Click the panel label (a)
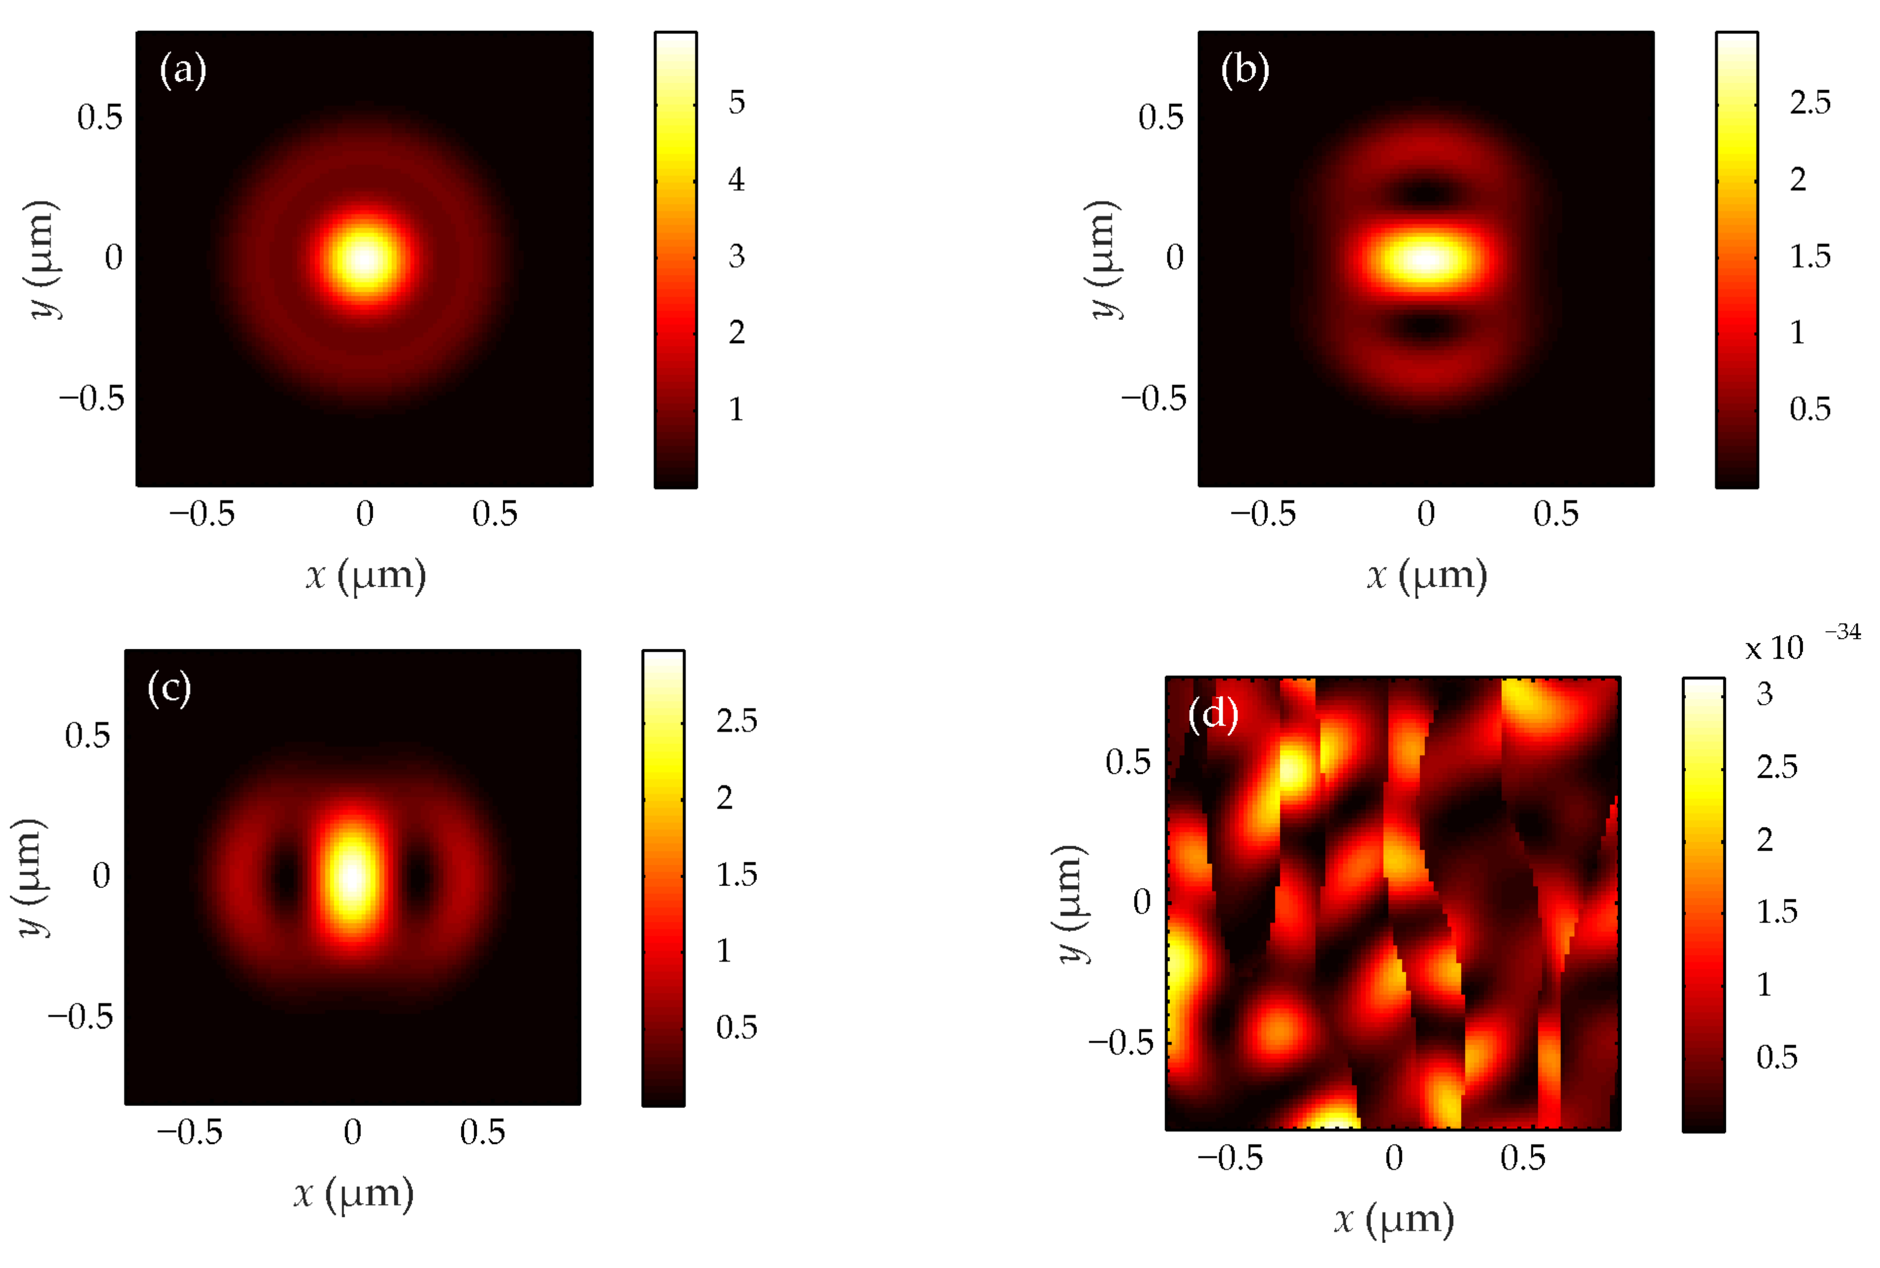point(183,70)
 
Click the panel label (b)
point(1244,70)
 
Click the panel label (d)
point(1213,714)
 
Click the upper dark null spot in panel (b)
point(1426,192)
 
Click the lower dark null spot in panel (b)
point(1426,326)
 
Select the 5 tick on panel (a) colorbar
point(736,103)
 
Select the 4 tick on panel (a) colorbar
point(736,179)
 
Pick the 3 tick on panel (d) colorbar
point(1764,694)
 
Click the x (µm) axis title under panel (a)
point(366,576)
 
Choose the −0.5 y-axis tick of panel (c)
point(81,1016)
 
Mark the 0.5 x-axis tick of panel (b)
point(1556,514)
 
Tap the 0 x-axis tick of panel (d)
point(1393,1158)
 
